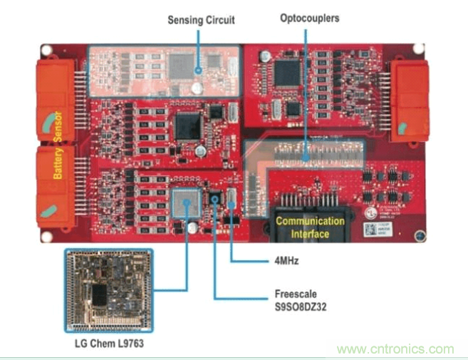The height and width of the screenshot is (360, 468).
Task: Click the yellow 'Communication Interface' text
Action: [x=310, y=227]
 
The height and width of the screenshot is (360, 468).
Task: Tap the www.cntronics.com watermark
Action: [x=395, y=349]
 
